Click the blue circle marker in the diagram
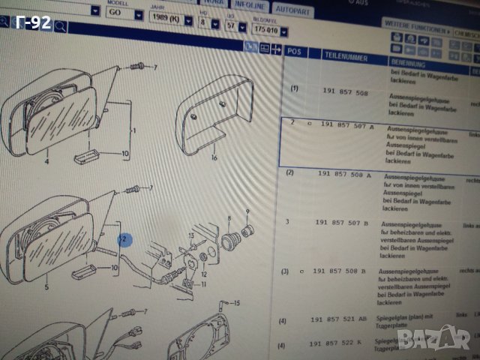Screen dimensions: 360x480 click(x=124, y=240)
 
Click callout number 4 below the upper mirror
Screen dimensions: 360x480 click(x=46, y=161)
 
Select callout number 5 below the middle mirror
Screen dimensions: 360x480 click(x=47, y=286)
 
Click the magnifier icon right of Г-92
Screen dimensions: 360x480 click(x=59, y=28)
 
